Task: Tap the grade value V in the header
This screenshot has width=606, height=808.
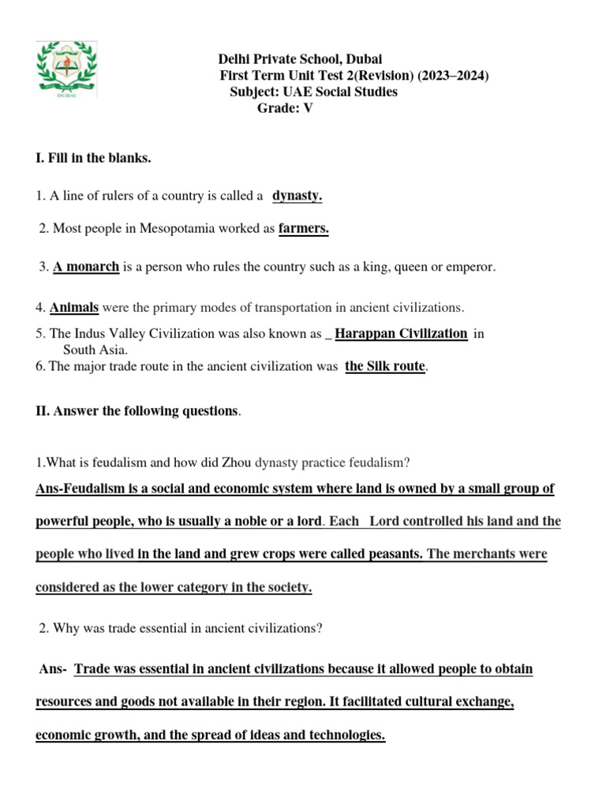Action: (308, 109)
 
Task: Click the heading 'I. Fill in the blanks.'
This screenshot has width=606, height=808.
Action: (93, 159)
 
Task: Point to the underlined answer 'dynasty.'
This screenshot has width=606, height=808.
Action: (297, 195)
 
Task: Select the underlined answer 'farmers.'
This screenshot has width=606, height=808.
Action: (304, 229)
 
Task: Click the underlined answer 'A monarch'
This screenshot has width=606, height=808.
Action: (86, 267)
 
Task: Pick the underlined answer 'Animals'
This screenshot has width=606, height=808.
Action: (75, 306)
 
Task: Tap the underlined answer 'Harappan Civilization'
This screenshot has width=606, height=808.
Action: (401, 333)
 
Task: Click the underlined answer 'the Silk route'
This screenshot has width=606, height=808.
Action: (385, 366)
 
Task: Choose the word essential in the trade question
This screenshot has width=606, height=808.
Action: (140, 628)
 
